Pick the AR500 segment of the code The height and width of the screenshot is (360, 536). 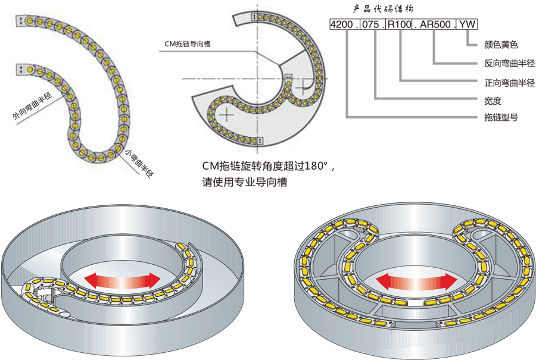pyautogui.click(x=437, y=25)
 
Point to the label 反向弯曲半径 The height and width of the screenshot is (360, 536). pyautogui.click(x=507, y=63)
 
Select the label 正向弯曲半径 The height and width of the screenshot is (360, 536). pyautogui.click(x=507, y=82)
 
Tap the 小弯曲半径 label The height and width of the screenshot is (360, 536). pyautogui.click(x=140, y=164)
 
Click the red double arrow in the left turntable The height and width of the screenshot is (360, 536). pyautogui.click(x=121, y=279)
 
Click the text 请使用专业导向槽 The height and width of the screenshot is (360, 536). pyautogui.click(x=245, y=182)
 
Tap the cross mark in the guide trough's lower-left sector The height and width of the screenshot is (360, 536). pyautogui.click(x=226, y=112)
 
